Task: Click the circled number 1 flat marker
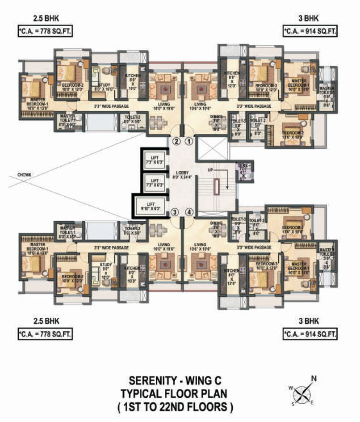coord(189,142)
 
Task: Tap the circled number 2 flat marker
coord(176,142)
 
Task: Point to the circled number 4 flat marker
coord(189,212)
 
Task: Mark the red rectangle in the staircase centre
coord(217,187)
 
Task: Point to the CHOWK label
coord(25,175)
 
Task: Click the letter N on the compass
coord(314,379)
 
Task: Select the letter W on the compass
coord(291,388)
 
